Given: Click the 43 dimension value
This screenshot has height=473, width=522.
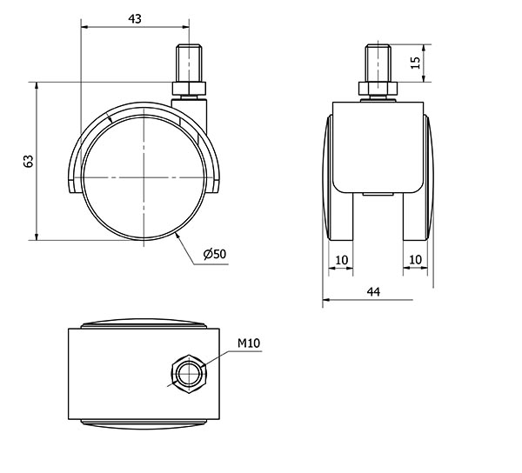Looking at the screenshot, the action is click(135, 19).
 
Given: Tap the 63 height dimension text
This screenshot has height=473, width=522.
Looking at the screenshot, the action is click(29, 161).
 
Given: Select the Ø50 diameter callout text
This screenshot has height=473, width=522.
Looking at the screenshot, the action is click(215, 254).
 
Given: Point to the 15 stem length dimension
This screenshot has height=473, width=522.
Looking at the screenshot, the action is click(415, 63).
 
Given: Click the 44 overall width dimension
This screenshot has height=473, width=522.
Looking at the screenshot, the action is click(373, 292).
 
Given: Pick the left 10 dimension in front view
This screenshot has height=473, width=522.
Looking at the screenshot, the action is click(342, 260).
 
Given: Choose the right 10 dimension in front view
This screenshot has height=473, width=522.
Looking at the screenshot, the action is click(415, 259).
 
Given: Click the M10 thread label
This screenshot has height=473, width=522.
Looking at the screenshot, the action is click(249, 343).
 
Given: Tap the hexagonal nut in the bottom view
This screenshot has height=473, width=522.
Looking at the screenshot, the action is click(189, 374).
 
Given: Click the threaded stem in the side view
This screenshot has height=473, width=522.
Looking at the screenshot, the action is click(189, 63).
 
